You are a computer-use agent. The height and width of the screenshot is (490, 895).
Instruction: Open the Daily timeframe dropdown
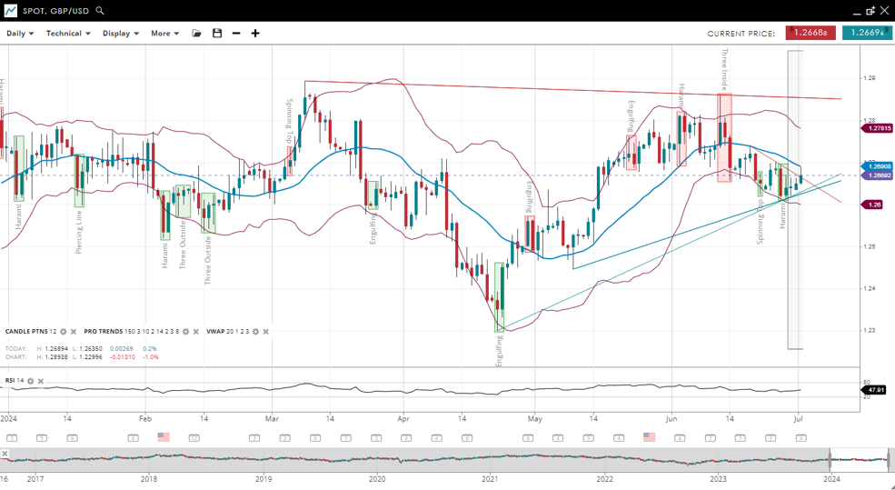20,34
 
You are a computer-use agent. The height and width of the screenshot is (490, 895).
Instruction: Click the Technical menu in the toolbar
68,34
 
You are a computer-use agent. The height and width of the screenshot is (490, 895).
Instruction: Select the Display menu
120,34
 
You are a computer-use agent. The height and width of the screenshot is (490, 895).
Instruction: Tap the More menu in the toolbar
164,34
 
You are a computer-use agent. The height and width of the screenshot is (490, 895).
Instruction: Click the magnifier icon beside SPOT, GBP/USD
100,11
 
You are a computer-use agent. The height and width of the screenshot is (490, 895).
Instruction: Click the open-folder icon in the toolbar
196,34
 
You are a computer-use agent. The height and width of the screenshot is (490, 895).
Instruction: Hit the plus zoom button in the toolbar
255,34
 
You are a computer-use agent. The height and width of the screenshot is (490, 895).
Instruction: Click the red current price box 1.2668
810,33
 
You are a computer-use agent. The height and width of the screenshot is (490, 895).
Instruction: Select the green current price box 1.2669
866,33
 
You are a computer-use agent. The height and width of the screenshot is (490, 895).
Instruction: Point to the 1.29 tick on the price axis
870,78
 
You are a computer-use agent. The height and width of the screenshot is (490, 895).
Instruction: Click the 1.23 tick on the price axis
870,330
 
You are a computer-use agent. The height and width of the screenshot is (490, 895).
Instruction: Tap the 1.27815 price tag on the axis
877,128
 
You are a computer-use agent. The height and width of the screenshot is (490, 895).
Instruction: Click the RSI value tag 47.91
876,389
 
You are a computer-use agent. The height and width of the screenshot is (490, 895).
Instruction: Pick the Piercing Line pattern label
79,232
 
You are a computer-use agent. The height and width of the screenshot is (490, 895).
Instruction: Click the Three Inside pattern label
724,69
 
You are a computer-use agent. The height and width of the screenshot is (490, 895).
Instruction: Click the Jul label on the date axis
798,419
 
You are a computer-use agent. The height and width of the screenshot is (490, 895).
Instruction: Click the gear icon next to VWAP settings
255,332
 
